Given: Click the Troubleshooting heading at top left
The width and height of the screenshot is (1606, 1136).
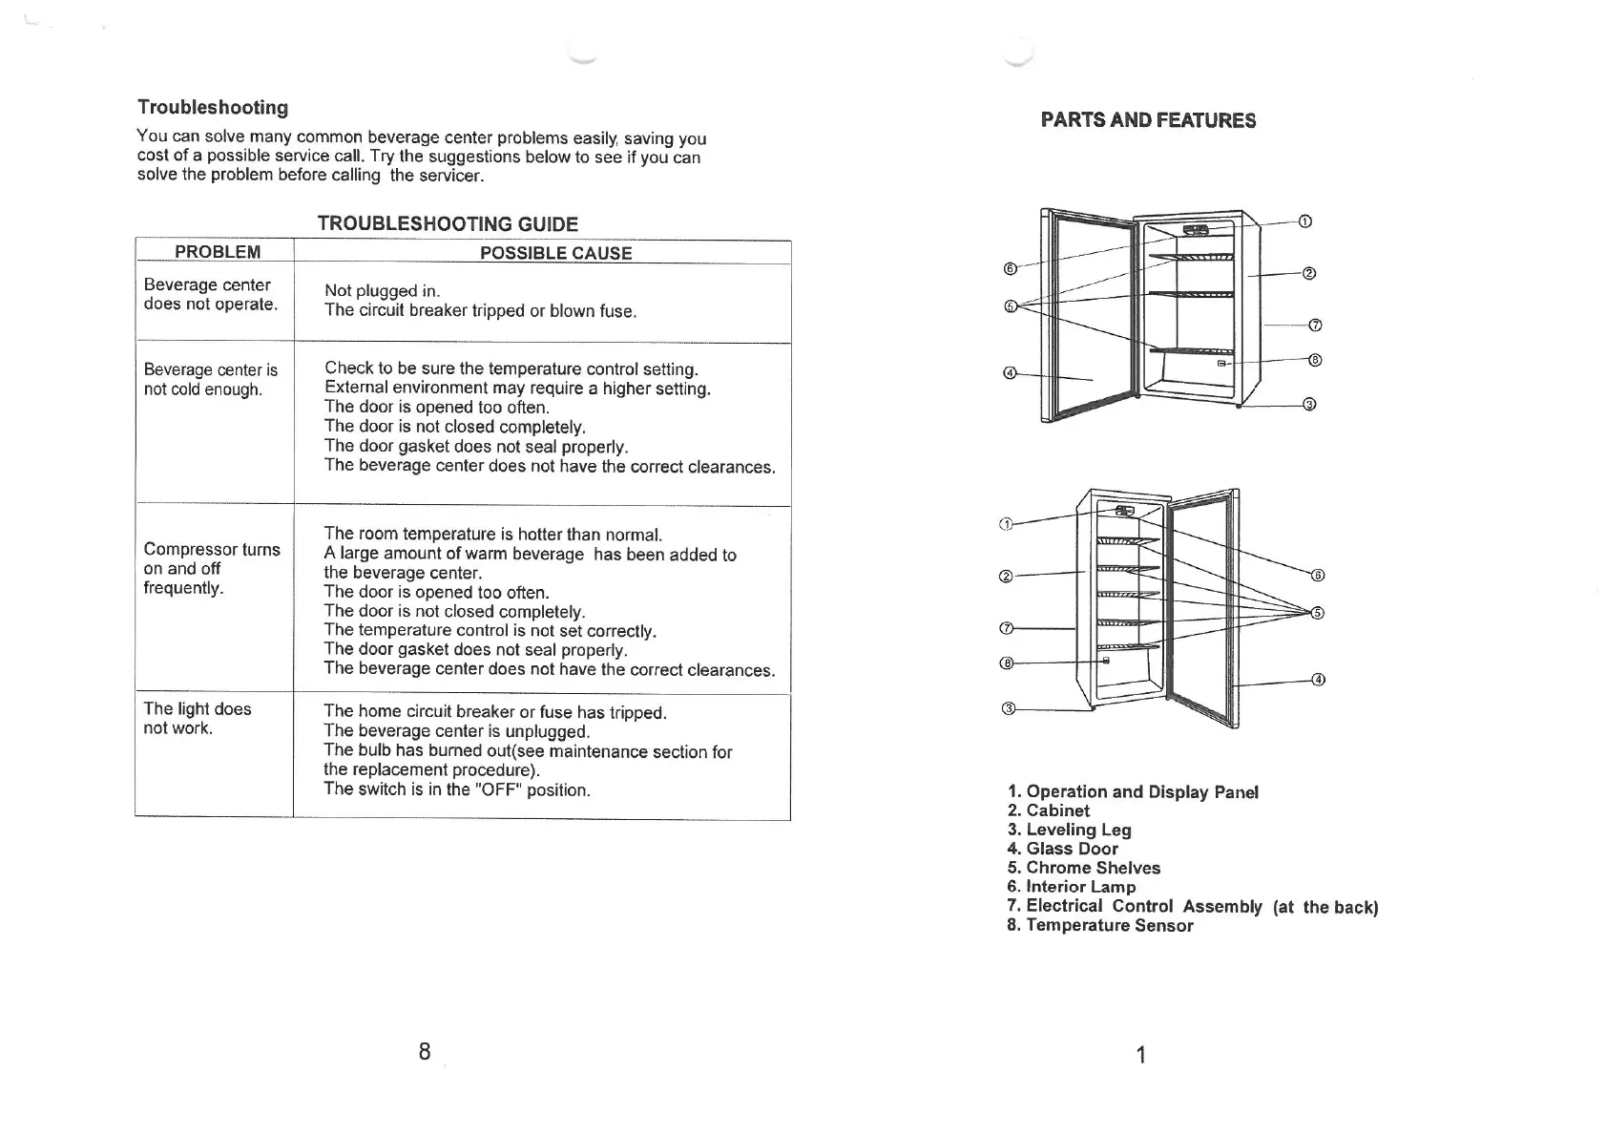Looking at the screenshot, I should pyautogui.click(x=212, y=107).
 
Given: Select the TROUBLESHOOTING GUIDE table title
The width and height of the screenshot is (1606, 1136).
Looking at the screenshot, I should pyautogui.click(x=448, y=224).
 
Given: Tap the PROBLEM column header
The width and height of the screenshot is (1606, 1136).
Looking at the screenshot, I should pyautogui.click(x=218, y=252).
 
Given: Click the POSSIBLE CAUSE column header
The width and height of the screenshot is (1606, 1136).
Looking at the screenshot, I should pyautogui.click(x=555, y=253).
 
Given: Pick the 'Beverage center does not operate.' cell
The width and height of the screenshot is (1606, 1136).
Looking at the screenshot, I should pyautogui.click(x=210, y=294).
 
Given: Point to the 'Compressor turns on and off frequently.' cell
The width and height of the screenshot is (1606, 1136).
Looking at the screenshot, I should pyautogui.click(x=211, y=568).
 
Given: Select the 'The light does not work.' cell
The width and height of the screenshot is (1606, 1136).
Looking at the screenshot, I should pyautogui.click(x=197, y=718).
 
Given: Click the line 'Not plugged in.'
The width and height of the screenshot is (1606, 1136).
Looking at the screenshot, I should pyautogui.click(x=382, y=291).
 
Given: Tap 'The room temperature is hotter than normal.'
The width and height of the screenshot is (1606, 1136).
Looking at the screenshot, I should pyautogui.click(x=492, y=534).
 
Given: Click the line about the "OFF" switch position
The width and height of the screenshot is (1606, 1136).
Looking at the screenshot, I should pyautogui.click(x=457, y=789).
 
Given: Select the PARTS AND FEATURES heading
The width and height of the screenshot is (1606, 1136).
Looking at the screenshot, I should pyautogui.click(x=1148, y=120).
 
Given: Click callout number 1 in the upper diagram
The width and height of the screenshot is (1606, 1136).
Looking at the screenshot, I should pyautogui.click(x=1305, y=221).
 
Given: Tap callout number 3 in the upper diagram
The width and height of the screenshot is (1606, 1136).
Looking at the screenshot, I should pyautogui.click(x=1309, y=404).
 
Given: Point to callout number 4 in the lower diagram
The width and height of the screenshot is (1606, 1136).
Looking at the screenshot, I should pyautogui.click(x=1318, y=680).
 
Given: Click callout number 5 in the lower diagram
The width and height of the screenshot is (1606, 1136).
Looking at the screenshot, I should pyautogui.click(x=1317, y=613).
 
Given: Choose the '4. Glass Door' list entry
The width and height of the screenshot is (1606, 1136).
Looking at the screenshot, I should pyautogui.click(x=1062, y=849).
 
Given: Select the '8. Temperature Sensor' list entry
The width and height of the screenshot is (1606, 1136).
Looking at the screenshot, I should pyautogui.click(x=1099, y=925).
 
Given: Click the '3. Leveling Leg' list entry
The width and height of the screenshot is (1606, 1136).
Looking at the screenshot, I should pyautogui.click(x=1069, y=830).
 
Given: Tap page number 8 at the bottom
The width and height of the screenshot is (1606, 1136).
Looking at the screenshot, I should pyautogui.click(x=425, y=1051).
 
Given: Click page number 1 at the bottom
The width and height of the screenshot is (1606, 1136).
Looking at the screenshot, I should pyautogui.click(x=1140, y=1055).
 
